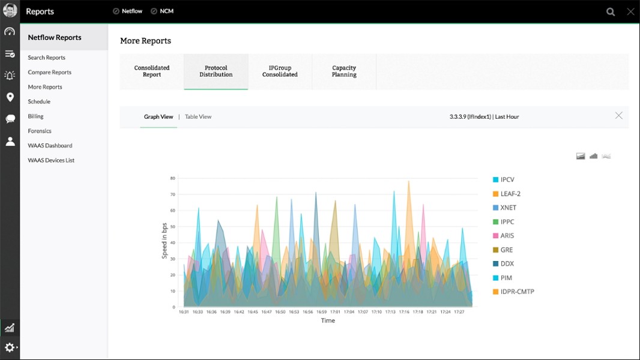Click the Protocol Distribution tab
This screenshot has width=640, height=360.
pyautogui.click(x=216, y=71)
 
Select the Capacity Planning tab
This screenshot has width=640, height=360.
pyautogui.click(x=344, y=71)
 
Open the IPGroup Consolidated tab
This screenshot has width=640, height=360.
pyautogui.click(x=280, y=71)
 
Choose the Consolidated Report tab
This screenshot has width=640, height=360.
pyautogui.click(x=152, y=71)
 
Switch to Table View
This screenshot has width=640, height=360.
pyautogui.click(x=198, y=116)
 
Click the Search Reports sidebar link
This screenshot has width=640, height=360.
pyautogui.click(x=47, y=58)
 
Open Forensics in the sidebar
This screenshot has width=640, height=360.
pyautogui.click(x=40, y=131)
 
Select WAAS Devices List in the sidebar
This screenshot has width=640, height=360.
pyautogui.click(x=51, y=160)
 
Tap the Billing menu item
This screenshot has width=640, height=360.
pyautogui.click(x=35, y=116)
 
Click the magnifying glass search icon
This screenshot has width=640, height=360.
pyautogui.click(x=611, y=12)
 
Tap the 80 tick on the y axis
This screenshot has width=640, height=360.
pyautogui.click(x=173, y=178)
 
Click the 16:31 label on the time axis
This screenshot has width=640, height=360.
pyautogui.click(x=184, y=312)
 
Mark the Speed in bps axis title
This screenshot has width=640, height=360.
pyautogui.click(x=165, y=241)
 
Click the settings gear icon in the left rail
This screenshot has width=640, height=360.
pyautogui.click(x=10, y=347)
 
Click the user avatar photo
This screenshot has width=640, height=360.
pyautogui.click(x=10, y=10)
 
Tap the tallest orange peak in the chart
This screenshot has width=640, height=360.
pyautogui.click(x=409, y=181)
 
